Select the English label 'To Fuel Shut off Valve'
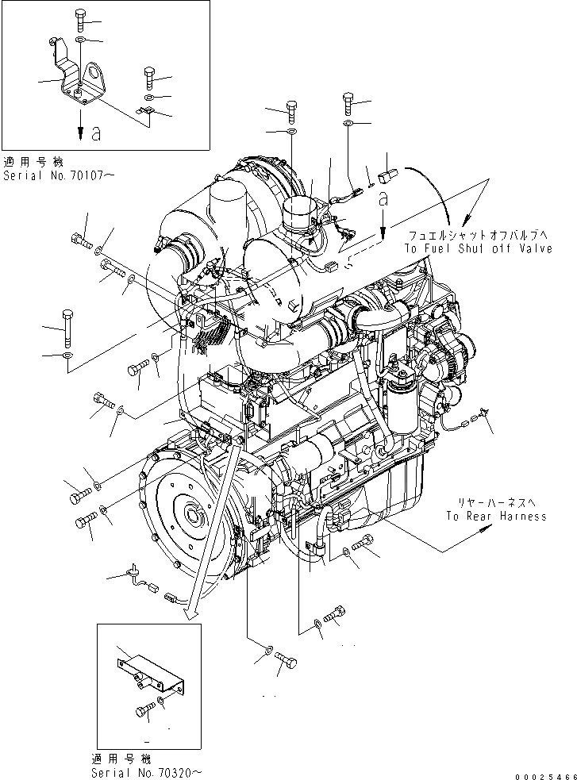click(477, 248)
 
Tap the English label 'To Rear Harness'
click(495, 516)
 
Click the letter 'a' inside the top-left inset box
click(95, 134)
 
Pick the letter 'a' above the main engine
click(383, 202)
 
